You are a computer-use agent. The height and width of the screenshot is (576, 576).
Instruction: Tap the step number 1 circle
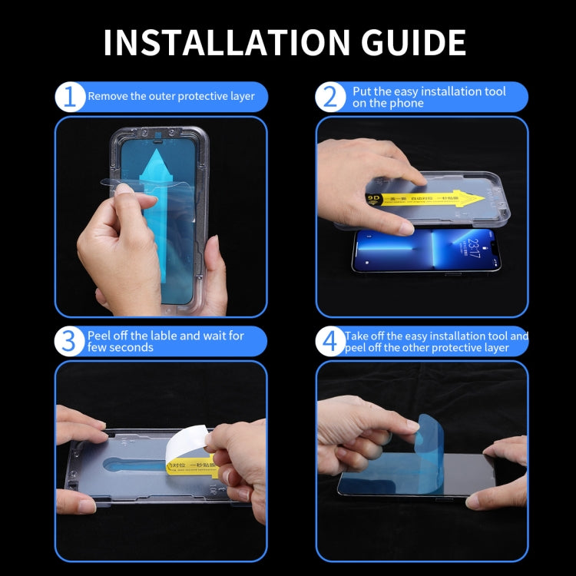coord(70,98)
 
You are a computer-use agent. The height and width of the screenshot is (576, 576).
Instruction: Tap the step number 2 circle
coord(331,98)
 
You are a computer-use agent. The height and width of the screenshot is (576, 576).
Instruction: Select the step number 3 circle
coord(70,341)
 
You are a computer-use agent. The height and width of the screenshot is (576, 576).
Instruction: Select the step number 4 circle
coord(331,341)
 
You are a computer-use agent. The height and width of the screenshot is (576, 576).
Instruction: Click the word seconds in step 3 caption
coord(132,348)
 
